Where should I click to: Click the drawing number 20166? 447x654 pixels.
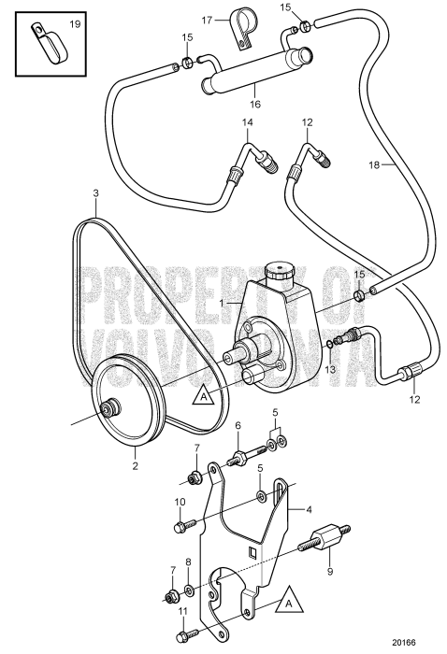click(x=404, y=643)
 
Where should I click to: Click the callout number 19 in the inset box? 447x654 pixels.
click(x=75, y=24)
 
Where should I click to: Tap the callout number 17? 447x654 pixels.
click(x=208, y=20)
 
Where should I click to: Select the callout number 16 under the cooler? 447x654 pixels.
click(x=255, y=104)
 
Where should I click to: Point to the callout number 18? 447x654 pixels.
click(x=374, y=165)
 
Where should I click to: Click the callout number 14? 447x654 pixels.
click(x=248, y=122)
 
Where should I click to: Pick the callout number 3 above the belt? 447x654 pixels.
click(x=96, y=193)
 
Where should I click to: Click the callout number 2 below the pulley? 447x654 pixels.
click(x=135, y=466)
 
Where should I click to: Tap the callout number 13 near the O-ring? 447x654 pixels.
click(x=330, y=369)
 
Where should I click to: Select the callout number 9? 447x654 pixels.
click(x=330, y=571)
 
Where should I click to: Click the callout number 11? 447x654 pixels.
click(x=183, y=611)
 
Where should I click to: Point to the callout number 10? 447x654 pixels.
click(x=180, y=503)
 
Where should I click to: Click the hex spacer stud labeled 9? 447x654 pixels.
click(x=324, y=541)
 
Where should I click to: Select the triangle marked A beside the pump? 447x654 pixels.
click(x=204, y=395)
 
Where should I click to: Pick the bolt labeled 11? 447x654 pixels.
click(x=189, y=636)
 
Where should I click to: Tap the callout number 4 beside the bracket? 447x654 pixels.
click(x=309, y=510)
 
